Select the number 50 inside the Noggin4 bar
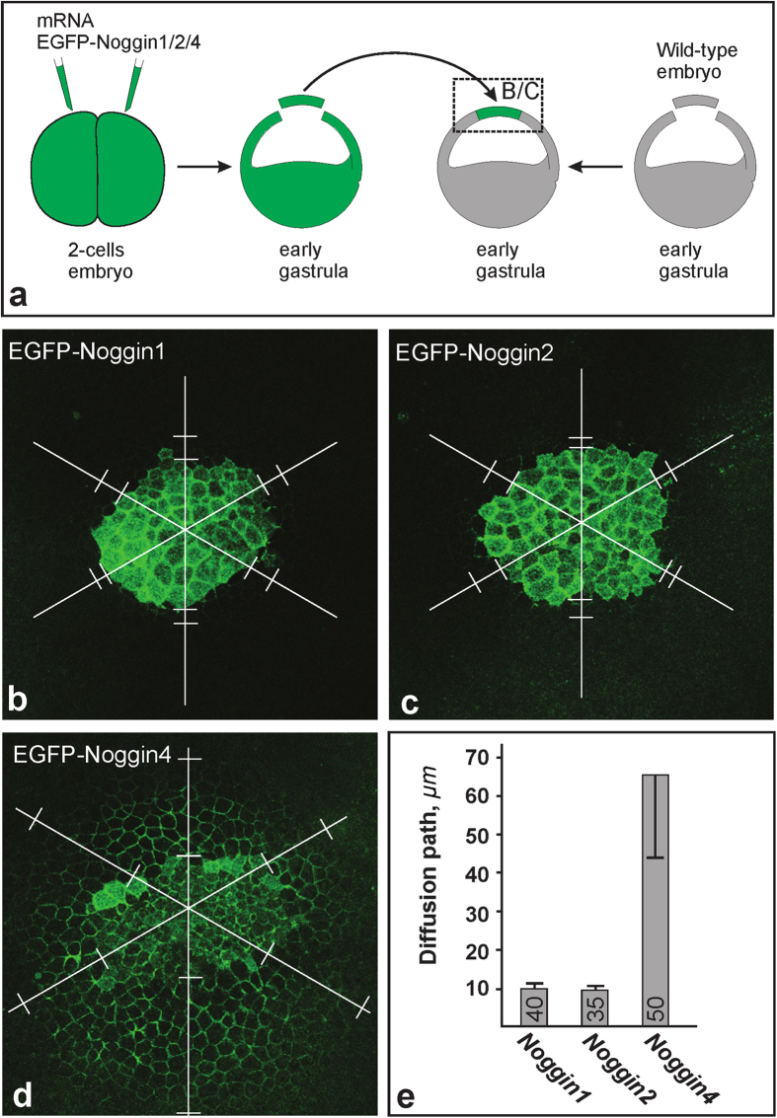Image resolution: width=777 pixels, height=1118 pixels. pyautogui.click(x=657, y=1007)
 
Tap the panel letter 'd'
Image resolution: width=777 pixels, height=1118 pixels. pyautogui.click(x=22, y=1091)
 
